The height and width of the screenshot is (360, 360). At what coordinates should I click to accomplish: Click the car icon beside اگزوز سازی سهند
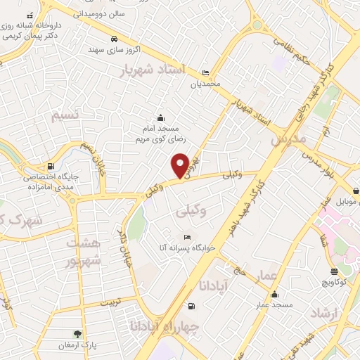click(114, 39)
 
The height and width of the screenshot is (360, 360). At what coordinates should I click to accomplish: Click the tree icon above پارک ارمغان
click(77, 334)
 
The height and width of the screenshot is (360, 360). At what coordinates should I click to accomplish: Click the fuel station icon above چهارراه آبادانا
click(191, 306)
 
